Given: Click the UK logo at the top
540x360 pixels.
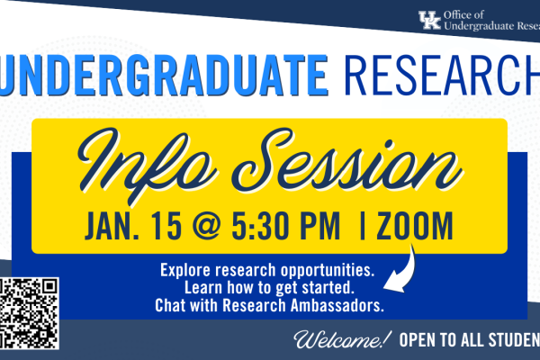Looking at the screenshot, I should click(429, 20).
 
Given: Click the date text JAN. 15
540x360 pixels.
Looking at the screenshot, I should click(130, 225).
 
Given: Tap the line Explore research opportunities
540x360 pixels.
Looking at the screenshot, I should click(268, 270).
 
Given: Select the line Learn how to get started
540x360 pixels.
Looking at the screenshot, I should click(268, 288).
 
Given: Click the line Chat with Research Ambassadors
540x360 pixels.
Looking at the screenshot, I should click(268, 306).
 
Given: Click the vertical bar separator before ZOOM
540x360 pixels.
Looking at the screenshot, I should click(362, 225).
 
